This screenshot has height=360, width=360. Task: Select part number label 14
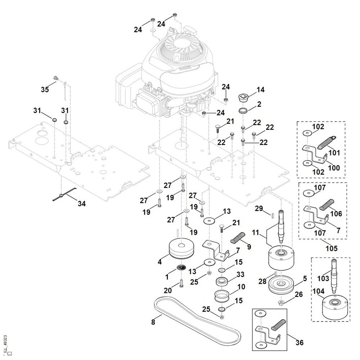tap(260, 90)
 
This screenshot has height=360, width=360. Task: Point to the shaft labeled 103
tap(334, 275)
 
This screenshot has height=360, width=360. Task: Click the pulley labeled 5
tap(281, 285)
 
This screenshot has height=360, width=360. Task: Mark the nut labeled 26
tap(281, 302)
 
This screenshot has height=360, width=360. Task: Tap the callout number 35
tap(45, 89)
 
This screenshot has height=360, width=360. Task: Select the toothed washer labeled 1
tap(181, 268)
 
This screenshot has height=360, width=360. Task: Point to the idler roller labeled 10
tap(222, 297)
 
